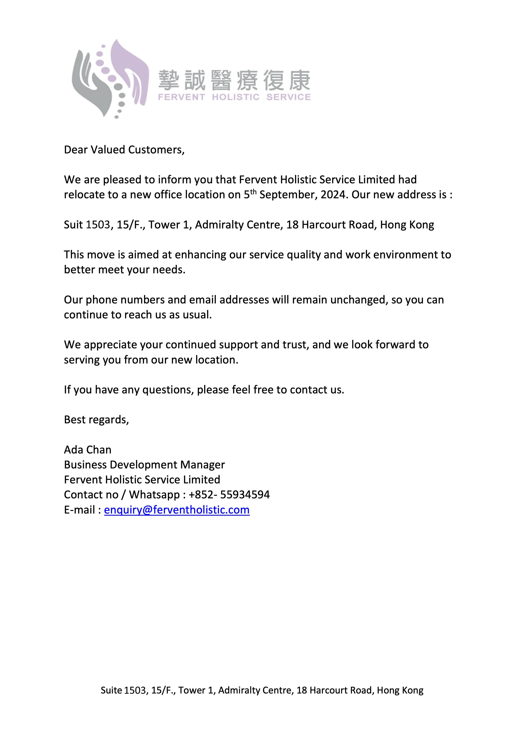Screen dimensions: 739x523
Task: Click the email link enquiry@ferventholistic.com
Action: click(177, 510)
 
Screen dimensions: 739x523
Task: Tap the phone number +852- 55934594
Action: click(229, 495)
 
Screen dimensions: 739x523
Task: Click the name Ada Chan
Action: click(88, 450)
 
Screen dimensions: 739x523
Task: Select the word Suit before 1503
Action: click(73, 225)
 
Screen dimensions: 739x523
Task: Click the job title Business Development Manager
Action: click(144, 465)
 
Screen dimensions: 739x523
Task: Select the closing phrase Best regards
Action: click(96, 420)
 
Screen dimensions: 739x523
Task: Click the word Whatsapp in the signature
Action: click(154, 495)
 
